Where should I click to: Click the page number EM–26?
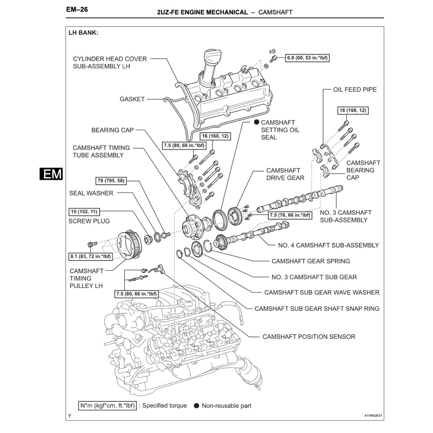tap(77, 9)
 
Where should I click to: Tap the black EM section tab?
tap(51, 174)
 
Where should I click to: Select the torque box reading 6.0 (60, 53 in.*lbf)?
tap(307, 58)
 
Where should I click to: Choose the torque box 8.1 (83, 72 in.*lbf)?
tap(90, 256)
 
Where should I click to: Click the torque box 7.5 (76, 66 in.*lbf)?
tap(290, 215)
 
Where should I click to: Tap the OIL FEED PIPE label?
tap(355, 90)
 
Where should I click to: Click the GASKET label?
tap(132, 99)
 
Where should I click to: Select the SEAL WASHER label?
tap(91, 193)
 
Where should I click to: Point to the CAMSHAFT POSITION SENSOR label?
tap(309, 337)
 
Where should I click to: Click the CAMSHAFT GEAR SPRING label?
tap(311, 261)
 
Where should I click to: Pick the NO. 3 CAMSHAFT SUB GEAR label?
tap(314, 277)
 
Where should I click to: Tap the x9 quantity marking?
tap(272, 51)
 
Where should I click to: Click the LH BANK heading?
tap(83, 33)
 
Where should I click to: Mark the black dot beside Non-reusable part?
tap(196, 406)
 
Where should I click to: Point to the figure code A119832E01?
tap(373, 416)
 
